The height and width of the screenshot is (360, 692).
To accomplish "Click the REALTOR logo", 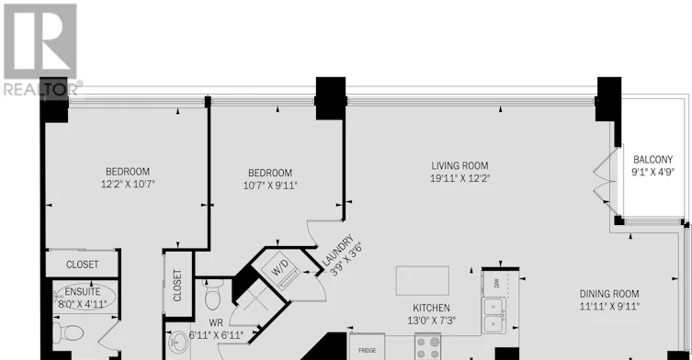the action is pyautogui.click(x=40, y=50).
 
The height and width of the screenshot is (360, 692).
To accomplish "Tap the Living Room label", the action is pyautogui.click(x=459, y=166).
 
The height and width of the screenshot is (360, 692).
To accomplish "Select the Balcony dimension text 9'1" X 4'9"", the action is pyautogui.click(x=653, y=172).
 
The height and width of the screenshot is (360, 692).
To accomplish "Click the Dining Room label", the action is pyautogui.click(x=609, y=294).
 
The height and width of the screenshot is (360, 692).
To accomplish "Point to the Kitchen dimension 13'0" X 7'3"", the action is pyautogui.click(x=431, y=320).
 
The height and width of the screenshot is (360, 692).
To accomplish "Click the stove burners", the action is pyautogui.click(x=427, y=347).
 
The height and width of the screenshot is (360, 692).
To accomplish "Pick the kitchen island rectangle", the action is pyautogui.click(x=423, y=280).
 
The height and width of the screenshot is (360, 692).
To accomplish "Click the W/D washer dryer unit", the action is pyautogui.click(x=280, y=269).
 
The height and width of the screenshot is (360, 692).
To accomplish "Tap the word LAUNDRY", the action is pyautogui.click(x=337, y=251).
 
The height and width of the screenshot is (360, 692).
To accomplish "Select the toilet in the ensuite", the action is pyautogui.click(x=67, y=332).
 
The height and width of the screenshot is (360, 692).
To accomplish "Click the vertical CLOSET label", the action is pyautogui.click(x=177, y=285).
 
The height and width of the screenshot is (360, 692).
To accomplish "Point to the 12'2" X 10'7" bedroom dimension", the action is pyautogui.click(x=128, y=184).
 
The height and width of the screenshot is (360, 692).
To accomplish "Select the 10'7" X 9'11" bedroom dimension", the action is pyautogui.click(x=270, y=186).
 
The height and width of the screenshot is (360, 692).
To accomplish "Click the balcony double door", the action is pyautogui.click(x=606, y=181).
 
